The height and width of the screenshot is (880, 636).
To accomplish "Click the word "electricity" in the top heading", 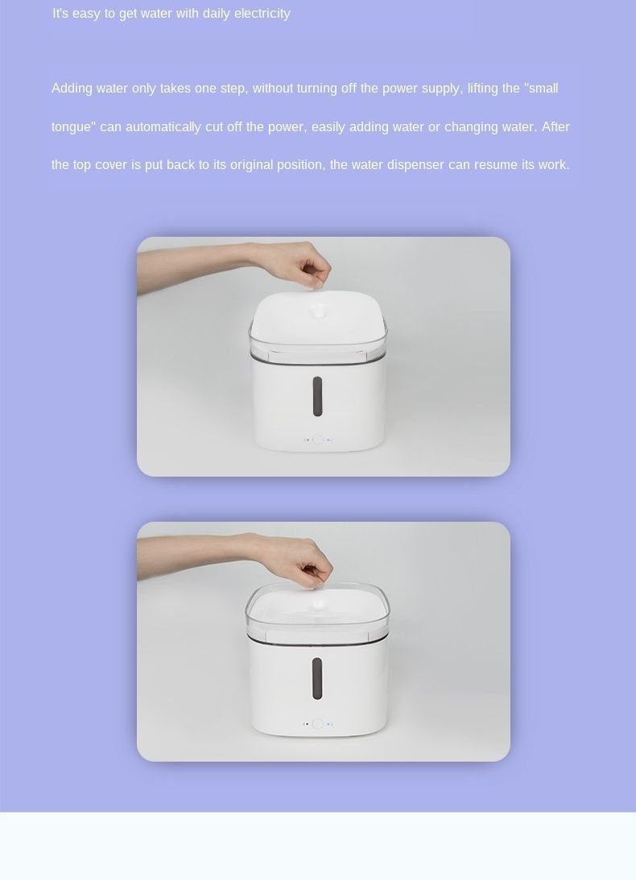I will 262,14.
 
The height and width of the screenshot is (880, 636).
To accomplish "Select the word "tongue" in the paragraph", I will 71,127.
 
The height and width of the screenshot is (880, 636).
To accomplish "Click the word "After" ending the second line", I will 555,127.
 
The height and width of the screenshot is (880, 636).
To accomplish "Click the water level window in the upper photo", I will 317,396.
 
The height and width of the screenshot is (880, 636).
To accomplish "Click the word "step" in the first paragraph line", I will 233,88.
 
